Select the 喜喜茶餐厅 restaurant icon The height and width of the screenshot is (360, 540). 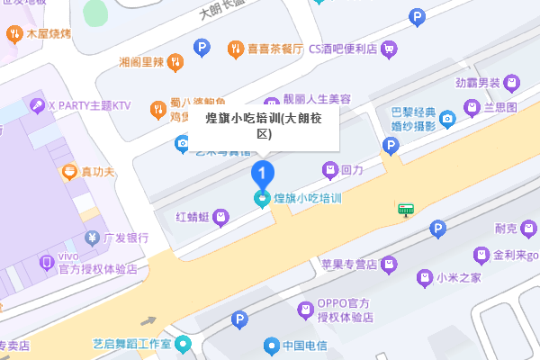click(x=235, y=49)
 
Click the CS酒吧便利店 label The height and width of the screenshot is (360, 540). click(x=342, y=49)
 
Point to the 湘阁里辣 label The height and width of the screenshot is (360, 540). click(x=142, y=62)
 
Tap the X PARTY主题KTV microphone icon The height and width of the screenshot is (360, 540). click(x=38, y=105)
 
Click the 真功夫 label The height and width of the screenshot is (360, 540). click(x=98, y=171)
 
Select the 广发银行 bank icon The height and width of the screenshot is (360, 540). click(x=91, y=238)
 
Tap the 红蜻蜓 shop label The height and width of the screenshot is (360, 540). click(x=192, y=216)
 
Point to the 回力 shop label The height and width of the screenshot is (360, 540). click(x=352, y=169)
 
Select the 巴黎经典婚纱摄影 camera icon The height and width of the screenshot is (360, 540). click(x=447, y=118)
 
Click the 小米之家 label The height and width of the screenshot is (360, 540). click(x=459, y=278)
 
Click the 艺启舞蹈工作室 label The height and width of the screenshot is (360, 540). click(x=131, y=344)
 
